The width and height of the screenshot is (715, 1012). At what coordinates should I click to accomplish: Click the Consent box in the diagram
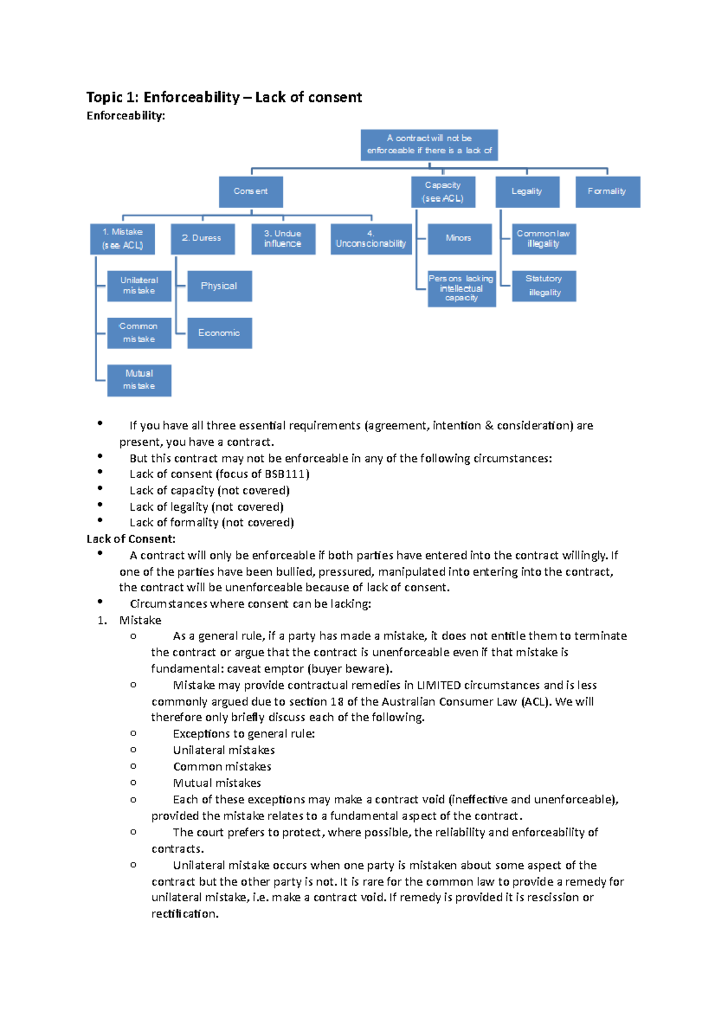[x=250, y=191]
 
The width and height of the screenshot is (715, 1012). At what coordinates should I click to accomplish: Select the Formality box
[x=607, y=191]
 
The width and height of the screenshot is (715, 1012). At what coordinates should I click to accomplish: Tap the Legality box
[x=527, y=191]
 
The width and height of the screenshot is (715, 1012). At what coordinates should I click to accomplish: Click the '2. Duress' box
[x=202, y=238]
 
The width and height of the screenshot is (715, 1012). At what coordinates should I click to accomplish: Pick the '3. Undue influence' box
[x=283, y=238]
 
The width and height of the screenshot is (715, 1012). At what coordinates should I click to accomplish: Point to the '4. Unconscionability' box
[x=371, y=239]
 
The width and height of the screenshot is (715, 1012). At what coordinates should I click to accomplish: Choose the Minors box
[x=459, y=238]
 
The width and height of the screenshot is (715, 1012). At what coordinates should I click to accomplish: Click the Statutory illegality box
[x=543, y=286]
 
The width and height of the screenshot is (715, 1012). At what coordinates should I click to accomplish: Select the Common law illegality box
[x=543, y=238]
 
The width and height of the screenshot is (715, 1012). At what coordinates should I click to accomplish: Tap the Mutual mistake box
[x=139, y=380]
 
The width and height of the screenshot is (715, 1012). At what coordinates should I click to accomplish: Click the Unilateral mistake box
[x=139, y=285]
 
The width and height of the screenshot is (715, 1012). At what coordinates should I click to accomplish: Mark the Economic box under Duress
[x=219, y=333]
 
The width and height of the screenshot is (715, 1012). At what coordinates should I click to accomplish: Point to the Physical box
[x=219, y=286]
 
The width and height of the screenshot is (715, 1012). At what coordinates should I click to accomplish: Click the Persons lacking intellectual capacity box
[x=461, y=288]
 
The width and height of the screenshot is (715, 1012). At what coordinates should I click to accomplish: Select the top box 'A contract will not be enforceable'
[x=429, y=145]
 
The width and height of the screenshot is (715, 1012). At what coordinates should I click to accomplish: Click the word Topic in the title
[x=104, y=97]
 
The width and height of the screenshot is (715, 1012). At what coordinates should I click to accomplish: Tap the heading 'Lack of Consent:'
[x=131, y=539]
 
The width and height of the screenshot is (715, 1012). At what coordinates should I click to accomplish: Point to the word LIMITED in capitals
[x=439, y=685]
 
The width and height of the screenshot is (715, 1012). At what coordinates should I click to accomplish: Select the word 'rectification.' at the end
[x=185, y=914]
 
